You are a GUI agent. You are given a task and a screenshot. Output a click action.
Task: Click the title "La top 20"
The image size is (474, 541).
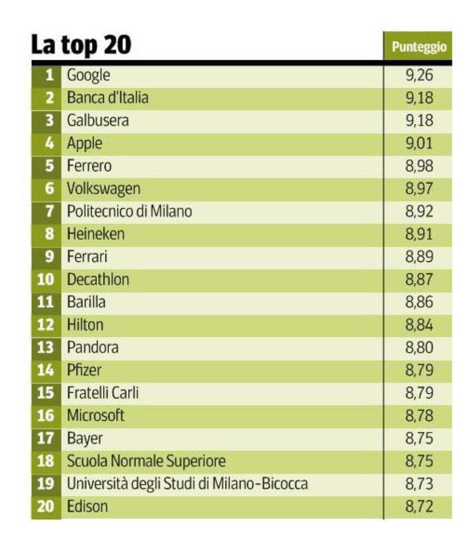(x=81, y=45)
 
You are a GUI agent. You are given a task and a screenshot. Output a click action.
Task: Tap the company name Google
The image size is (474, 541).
(x=88, y=75)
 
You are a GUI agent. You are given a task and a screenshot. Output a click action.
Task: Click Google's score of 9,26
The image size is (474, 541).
(x=419, y=75)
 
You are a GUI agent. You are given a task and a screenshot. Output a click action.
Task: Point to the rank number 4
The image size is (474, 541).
(x=50, y=143)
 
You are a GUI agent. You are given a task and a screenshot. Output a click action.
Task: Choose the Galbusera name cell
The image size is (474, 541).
(x=98, y=120)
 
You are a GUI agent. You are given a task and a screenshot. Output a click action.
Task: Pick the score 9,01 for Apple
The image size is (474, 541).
(x=419, y=143)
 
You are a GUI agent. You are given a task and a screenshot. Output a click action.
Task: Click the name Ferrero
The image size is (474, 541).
(x=89, y=166)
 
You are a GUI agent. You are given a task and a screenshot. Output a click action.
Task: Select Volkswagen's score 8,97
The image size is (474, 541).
(x=419, y=189)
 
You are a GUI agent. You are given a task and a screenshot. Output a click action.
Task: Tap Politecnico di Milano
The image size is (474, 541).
(x=129, y=211)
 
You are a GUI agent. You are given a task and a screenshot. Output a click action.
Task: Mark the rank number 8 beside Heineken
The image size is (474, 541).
(x=50, y=234)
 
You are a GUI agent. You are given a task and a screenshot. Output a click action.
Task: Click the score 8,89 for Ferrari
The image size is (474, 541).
(x=419, y=257)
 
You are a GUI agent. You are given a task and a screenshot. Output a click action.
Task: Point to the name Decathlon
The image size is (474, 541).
(x=98, y=279)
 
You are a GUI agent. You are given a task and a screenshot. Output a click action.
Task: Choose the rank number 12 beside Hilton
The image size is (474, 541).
(x=46, y=325)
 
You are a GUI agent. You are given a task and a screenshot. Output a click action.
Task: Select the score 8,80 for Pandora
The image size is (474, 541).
(x=419, y=348)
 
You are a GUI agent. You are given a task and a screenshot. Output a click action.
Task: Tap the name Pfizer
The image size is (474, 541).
(x=84, y=370)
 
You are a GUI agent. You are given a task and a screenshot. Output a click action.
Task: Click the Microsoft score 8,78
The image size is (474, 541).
(x=419, y=416)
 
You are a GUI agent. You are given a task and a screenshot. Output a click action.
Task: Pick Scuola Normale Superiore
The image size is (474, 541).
(x=146, y=461)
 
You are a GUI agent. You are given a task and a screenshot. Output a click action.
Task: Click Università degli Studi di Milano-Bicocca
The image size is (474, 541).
(x=187, y=483)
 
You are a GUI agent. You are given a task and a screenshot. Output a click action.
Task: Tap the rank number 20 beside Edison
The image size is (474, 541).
(x=46, y=507)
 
